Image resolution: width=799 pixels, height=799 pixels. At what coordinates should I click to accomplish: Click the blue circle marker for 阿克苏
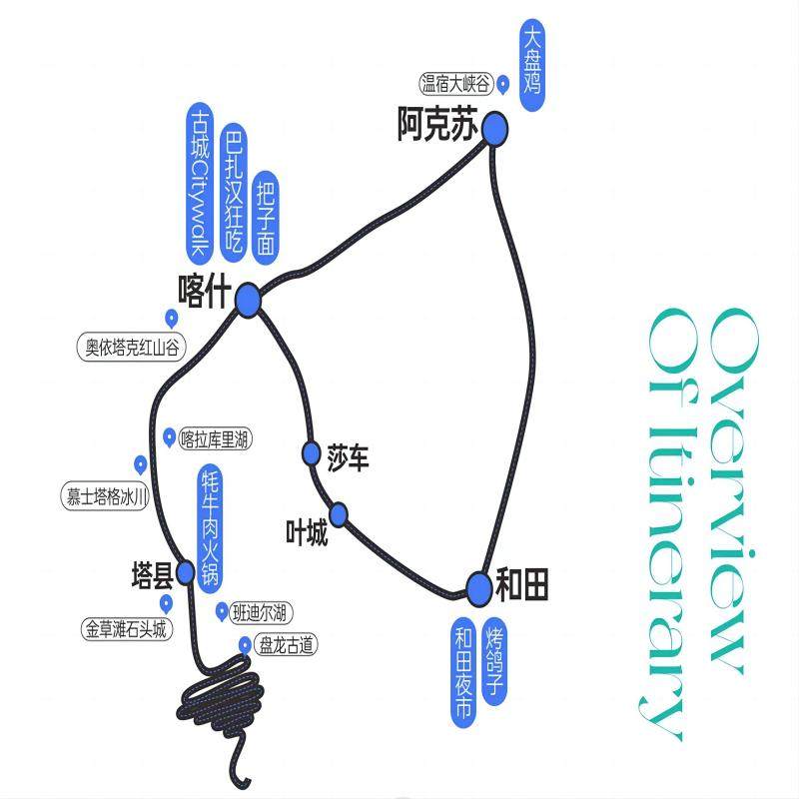[494, 129]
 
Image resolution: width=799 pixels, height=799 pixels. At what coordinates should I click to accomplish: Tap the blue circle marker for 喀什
[247, 299]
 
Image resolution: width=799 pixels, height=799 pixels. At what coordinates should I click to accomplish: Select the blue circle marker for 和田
[480, 587]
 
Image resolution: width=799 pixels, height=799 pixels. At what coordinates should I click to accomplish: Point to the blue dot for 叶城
[339, 514]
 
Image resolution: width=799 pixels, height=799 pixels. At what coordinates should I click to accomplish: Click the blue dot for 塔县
[186, 571]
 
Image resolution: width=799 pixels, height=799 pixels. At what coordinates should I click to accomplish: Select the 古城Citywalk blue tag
[200, 179]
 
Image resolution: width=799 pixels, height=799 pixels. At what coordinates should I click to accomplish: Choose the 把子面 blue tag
[266, 215]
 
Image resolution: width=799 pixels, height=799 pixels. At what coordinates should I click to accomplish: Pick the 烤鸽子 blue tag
[494, 660]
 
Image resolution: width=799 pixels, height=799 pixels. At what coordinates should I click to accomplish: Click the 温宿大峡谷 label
[457, 84]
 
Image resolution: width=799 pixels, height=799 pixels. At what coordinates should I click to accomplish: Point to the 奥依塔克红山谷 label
[131, 348]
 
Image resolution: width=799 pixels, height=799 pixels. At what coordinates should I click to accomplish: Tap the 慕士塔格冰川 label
[107, 494]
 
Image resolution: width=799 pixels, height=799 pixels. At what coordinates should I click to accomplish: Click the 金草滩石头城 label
[126, 630]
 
